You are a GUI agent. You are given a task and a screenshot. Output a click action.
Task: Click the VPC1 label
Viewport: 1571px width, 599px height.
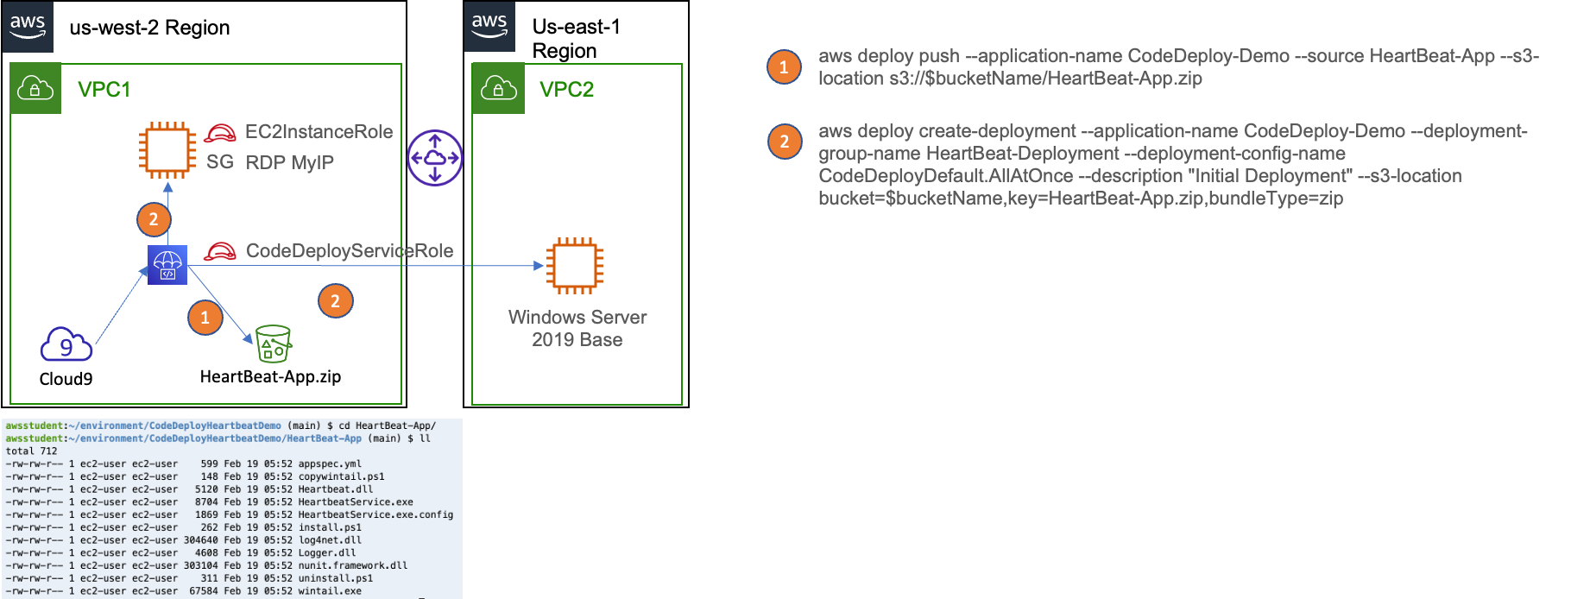104,90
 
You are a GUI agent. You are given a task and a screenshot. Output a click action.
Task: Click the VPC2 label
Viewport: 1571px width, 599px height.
566,90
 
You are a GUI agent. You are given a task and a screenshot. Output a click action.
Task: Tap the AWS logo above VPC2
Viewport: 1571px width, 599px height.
489,27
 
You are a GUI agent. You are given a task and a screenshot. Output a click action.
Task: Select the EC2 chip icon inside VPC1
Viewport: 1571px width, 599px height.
167,150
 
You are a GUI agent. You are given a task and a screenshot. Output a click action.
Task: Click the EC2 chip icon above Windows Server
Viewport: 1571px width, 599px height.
574,266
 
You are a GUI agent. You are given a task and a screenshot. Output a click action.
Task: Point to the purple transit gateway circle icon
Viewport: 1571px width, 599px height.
435,158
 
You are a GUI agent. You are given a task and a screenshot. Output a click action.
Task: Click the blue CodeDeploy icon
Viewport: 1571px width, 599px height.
167,264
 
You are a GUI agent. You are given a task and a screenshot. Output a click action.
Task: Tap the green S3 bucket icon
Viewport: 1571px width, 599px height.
274,344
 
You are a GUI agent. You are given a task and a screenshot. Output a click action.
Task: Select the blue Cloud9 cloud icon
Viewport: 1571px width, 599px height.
66,344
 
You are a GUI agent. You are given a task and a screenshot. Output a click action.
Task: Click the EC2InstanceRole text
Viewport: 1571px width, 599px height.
319,132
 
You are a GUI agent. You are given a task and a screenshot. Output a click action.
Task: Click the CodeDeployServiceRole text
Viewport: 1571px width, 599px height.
350,251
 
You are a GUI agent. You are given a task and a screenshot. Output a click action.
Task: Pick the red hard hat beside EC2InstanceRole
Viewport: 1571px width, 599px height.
220,133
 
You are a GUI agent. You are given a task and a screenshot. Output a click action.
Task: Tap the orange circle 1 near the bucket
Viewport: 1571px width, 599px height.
205,318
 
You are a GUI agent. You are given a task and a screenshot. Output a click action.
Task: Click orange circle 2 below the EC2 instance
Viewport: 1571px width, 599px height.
154,219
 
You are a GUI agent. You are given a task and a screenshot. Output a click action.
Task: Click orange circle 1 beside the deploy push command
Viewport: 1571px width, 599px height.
784,66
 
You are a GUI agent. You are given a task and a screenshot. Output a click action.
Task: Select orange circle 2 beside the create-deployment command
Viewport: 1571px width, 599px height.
784,142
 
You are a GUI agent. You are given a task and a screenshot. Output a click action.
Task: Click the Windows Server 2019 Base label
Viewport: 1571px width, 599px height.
577,329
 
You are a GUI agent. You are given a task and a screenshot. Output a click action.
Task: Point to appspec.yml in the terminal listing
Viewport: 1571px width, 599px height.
330,463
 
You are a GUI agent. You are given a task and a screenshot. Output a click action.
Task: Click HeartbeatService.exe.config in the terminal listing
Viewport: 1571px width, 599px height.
375,514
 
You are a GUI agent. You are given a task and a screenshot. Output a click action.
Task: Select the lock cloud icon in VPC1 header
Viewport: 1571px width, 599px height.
35,88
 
